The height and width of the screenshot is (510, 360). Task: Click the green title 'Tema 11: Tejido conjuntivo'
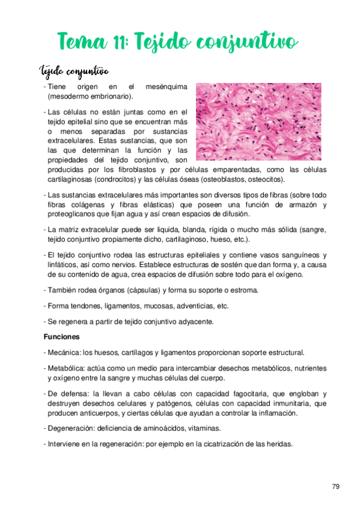tap(177, 42)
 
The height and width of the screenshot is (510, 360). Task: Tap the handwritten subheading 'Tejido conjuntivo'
tap(74, 72)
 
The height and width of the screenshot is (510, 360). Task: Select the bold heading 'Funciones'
tap(63, 337)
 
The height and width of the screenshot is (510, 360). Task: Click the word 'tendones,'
tap(88, 306)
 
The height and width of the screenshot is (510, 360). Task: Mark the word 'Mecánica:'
tap(64, 352)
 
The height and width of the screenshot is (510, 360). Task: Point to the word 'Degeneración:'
tap(71, 428)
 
